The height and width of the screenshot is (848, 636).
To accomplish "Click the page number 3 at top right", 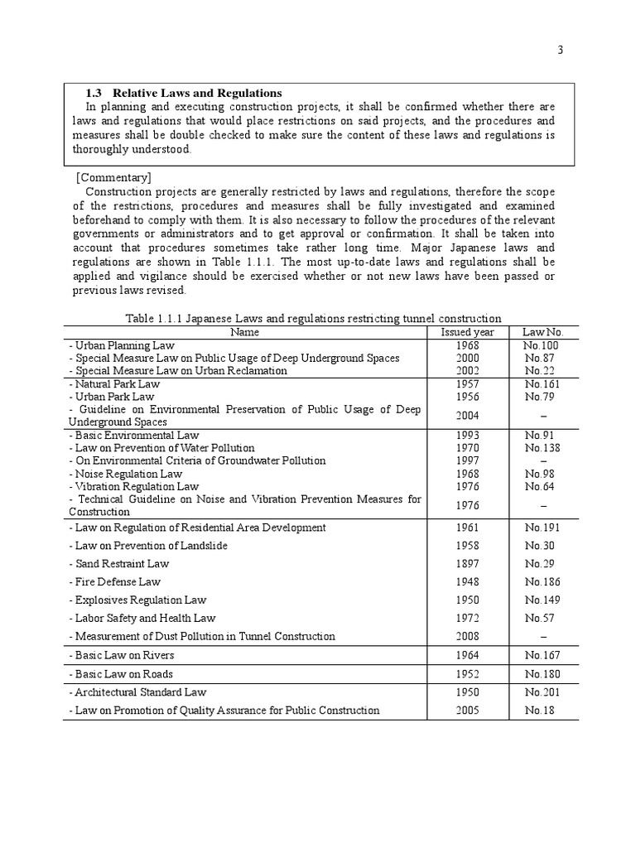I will (560, 50).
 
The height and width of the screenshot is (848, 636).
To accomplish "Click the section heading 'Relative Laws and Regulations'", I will (197, 93).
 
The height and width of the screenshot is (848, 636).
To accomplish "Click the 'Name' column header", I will (245, 332).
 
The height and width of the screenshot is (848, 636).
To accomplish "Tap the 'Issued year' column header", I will (467, 332).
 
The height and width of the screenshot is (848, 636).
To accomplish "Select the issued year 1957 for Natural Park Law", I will (467, 384).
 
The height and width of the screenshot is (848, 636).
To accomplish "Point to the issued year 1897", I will (467, 564).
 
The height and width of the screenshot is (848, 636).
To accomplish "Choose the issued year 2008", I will (467, 637).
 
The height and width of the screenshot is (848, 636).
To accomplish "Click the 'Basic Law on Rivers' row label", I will (120, 656).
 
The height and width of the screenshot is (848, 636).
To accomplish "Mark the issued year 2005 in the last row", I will (467, 711).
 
